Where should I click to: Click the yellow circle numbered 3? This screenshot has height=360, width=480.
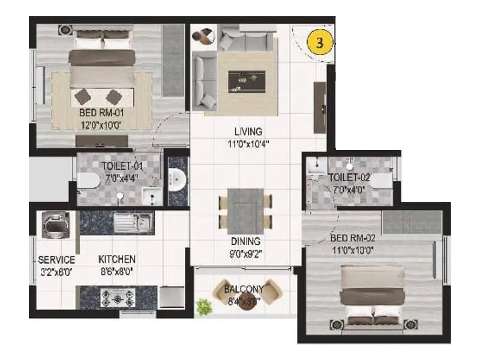coord(319,44)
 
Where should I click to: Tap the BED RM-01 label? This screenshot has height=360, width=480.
coord(101,112)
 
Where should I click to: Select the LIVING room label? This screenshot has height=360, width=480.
coord(248,131)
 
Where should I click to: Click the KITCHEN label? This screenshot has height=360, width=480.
coord(117,259)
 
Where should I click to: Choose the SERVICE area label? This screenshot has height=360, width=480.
coord(56,260)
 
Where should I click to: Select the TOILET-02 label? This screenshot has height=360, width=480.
coord(349,178)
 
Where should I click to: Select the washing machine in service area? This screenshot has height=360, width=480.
coord(56,225)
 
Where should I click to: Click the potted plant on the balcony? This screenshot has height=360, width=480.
coord(205,307)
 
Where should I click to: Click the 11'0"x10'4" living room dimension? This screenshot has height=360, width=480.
coord(248,143)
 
